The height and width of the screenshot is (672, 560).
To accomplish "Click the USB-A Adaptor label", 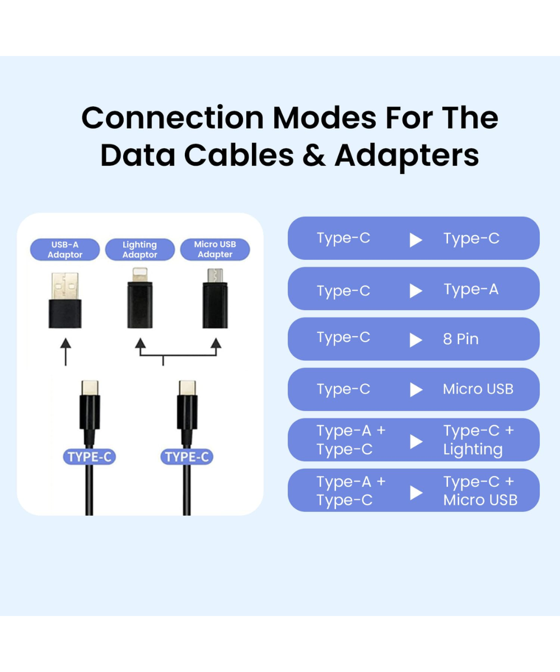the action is [65, 249].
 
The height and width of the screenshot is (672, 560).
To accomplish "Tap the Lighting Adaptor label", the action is [139, 249].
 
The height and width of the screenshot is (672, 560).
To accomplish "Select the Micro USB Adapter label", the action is [215, 249].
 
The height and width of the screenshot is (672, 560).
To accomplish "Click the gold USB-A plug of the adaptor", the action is [65, 286].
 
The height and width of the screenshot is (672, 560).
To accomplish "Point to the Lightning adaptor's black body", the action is [140, 305].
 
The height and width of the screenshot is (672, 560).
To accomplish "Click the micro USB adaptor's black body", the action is [215, 305].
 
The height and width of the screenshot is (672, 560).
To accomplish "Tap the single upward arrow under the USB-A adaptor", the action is [66, 352].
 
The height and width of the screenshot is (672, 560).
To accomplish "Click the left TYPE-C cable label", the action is [89, 457].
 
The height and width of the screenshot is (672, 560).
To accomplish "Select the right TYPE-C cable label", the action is [186, 457].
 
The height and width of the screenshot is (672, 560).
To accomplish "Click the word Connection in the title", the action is [173, 118].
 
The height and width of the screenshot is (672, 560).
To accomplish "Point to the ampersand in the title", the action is [314, 155].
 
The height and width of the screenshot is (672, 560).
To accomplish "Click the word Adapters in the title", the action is [407, 156].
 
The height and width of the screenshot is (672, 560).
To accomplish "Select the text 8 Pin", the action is [460, 339].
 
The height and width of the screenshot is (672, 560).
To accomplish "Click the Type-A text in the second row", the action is [471, 290].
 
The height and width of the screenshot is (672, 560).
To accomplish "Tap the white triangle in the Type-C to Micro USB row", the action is [416, 390].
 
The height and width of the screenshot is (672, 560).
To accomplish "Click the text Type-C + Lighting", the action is [479, 440].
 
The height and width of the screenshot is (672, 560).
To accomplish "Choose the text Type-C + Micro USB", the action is [480, 491].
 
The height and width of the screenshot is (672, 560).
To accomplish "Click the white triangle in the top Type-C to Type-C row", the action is [416, 240].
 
